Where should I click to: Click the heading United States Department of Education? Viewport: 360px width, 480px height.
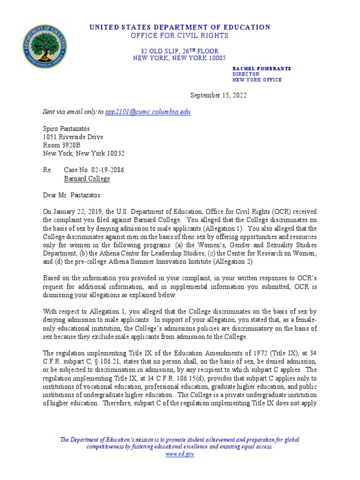coord(180,27)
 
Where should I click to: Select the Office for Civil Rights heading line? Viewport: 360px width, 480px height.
coord(180,36)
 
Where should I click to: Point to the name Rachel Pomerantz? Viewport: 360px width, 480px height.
coord(262,68)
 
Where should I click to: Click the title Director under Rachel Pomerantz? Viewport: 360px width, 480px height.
coord(246,74)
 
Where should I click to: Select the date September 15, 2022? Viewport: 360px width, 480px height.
coord(218,95)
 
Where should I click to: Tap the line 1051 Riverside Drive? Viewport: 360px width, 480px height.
coord(73,137)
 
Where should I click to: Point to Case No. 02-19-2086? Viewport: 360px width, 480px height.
coord(94,170)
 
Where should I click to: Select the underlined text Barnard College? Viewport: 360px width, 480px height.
coord(87,179)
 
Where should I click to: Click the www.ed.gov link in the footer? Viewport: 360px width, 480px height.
coord(180,454)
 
